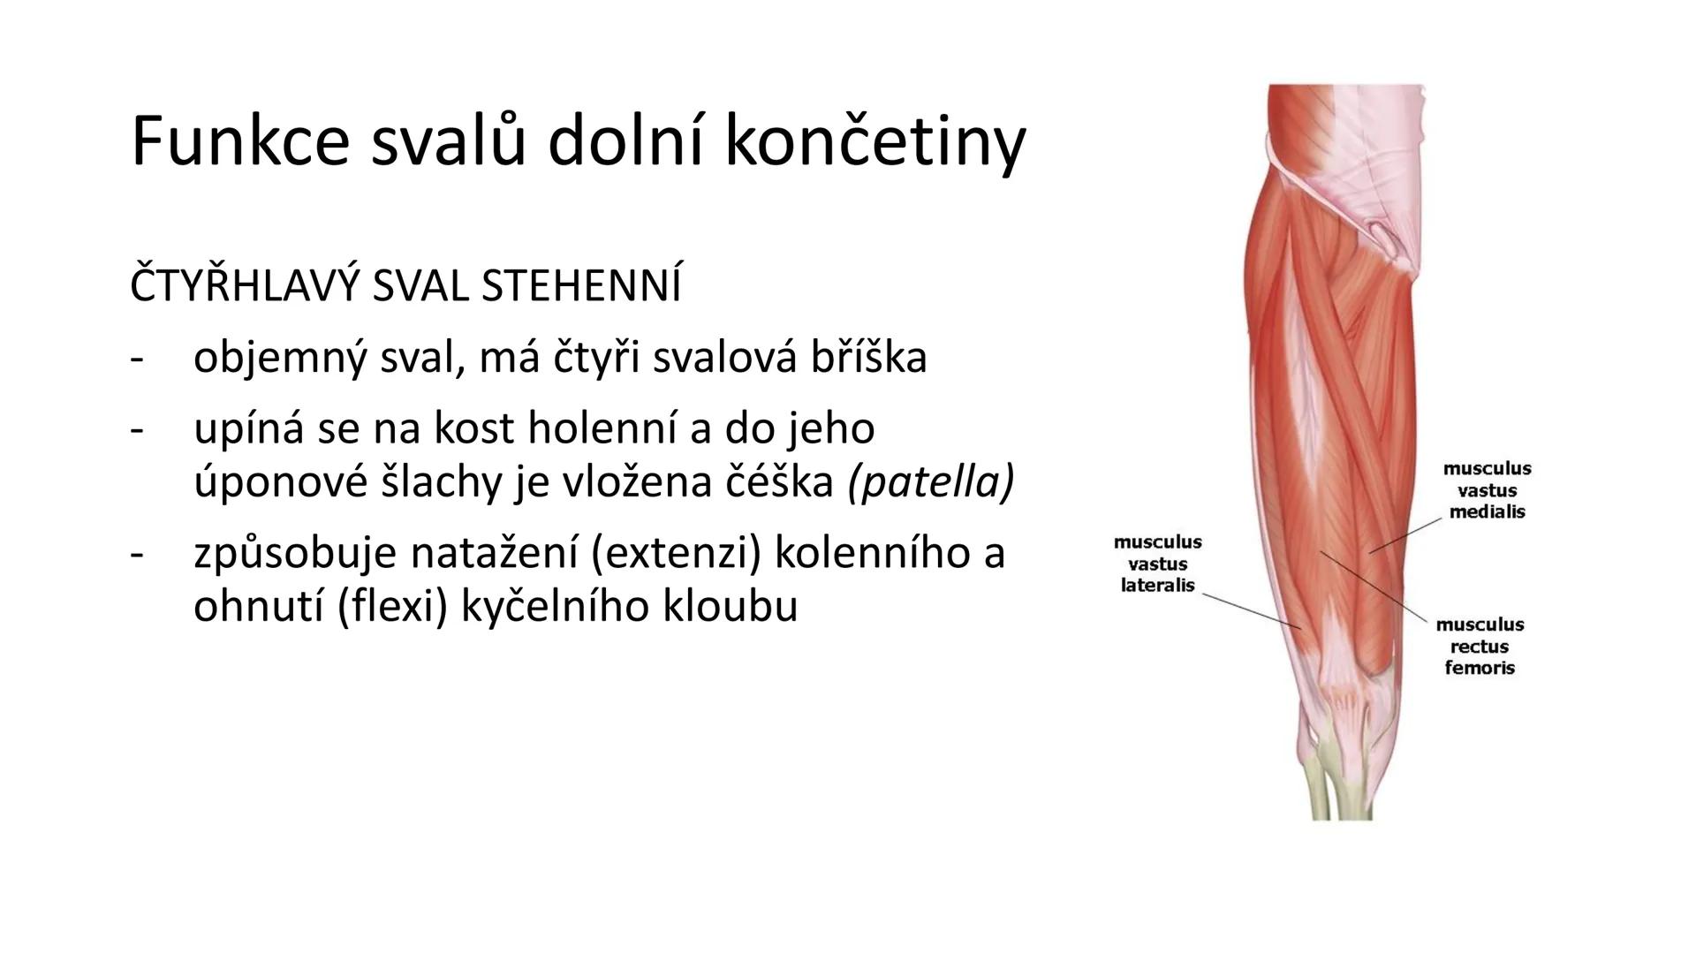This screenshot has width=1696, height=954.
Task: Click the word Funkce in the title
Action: click(x=239, y=141)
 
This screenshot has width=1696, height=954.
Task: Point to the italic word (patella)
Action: click(x=930, y=481)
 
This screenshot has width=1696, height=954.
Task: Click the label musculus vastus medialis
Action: click(x=1487, y=490)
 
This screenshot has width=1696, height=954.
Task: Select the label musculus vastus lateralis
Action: click(x=1157, y=564)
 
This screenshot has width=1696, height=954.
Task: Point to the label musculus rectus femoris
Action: click(x=1480, y=646)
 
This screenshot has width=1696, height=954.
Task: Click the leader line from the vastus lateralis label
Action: click(x=1250, y=609)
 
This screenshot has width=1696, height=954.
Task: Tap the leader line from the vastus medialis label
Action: click(x=1405, y=536)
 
